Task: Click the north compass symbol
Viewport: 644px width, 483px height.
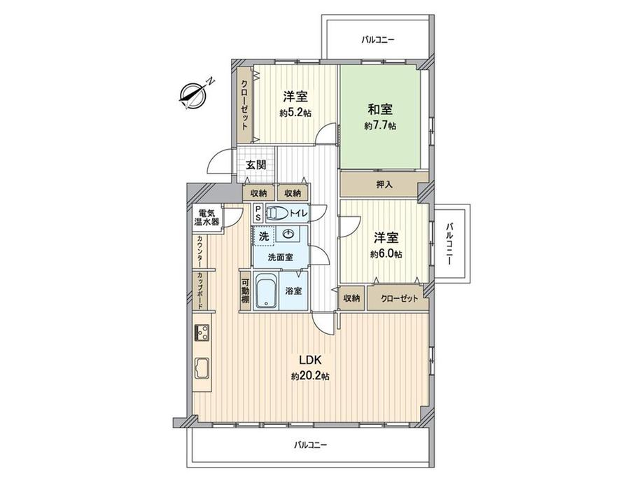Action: (x=192, y=95)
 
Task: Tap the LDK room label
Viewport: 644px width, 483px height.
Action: (x=310, y=360)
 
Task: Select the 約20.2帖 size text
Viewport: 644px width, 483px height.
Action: (x=310, y=376)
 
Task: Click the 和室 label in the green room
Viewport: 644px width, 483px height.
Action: (x=380, y=109)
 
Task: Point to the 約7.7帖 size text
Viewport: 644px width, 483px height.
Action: (x=380, y=126)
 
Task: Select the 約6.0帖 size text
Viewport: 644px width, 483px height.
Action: (x=385, y=253)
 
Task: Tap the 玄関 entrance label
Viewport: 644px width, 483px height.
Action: (x=255, y=165)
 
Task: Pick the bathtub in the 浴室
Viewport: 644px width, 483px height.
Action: (x=267, y=290)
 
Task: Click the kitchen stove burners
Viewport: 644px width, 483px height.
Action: (x=202, y=332)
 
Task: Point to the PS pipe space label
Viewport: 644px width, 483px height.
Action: (x=258, y=213)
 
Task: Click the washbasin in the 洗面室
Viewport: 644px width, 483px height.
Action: (x=288, y=234)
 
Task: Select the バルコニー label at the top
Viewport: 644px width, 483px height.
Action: (x=378, y=40)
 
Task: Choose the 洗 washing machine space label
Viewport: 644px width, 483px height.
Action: (x=264, y=237)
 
